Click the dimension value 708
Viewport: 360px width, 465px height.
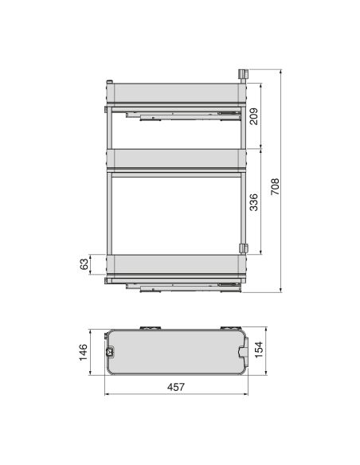point(274,186)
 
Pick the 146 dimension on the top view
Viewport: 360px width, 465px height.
point(82,350)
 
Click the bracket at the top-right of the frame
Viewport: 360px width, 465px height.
point(241,74)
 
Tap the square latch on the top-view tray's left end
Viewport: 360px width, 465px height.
point(109,351)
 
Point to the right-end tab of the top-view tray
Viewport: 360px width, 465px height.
point(244,351)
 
